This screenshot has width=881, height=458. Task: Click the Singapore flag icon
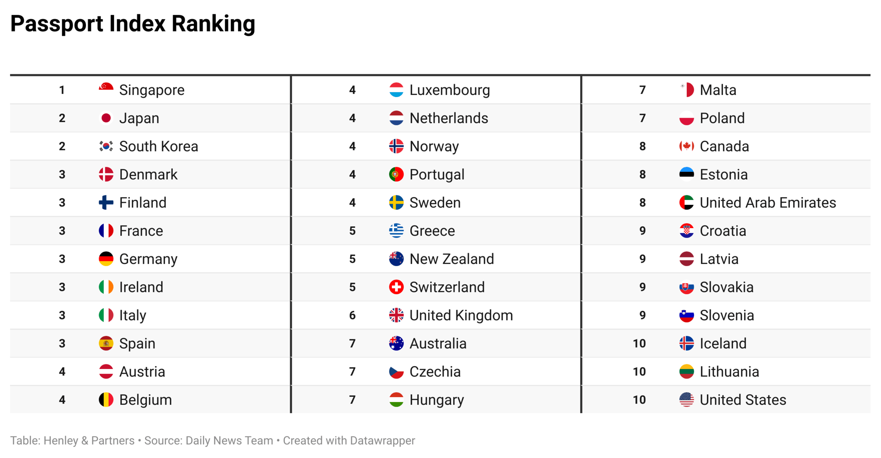(106, 90)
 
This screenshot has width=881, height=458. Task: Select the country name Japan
(139, 118)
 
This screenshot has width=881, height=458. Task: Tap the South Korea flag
(106, 146)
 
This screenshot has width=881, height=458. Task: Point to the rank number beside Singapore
(62, 90)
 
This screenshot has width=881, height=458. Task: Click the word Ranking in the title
(213, 24)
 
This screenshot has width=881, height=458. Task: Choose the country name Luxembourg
(449, 90)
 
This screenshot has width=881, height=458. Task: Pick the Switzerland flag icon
(396, 287)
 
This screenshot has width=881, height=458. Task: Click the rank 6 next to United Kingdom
(352, 316)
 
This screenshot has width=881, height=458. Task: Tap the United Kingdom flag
(396, 315)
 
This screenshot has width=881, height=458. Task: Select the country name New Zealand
(451, 259)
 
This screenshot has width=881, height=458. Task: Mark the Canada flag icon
(686, 146)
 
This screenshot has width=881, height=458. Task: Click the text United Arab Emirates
(768, 203)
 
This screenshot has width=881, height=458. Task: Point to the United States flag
(686, 400)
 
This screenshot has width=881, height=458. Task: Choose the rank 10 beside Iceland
(639, 343)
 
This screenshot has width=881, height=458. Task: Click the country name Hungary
(437, 400)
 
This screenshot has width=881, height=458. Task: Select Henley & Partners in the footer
(89, 441)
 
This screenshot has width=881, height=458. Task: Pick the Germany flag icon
(106, 259)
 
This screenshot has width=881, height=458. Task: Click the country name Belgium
(145, 400)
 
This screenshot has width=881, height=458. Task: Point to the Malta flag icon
(686, 90)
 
